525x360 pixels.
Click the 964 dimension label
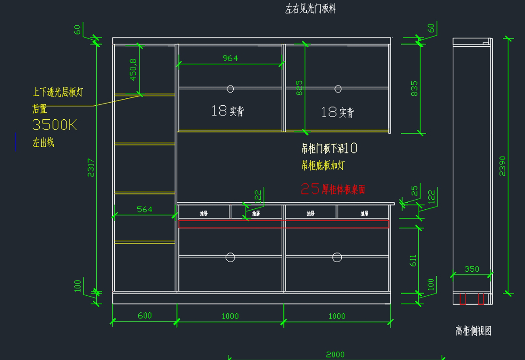pos(230,58)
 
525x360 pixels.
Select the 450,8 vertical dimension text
pos(133,69)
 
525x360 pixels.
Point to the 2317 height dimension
pos(91,167)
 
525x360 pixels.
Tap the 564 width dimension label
pos(144,209)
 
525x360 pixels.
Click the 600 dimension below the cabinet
pos(145,315)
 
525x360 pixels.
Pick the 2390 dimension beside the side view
pos(502,166)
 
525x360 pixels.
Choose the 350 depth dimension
pos(472,269)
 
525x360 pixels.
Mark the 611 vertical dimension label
pos(413,261)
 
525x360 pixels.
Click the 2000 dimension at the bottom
pos(335,355)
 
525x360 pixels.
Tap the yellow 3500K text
pos(55,125)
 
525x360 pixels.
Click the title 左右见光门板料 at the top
pos(311,9)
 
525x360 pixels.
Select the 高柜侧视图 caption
pos(473,331)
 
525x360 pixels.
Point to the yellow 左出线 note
pos(43,142)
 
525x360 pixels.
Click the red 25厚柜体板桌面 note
pos(333,189)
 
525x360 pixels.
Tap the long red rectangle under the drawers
pos(283,224)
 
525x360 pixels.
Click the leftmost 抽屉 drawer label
pos(204,213)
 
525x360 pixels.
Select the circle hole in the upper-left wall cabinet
pos(230,89)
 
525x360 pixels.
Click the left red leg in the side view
pos(463,299)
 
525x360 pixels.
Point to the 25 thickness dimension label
pos(414,191)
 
